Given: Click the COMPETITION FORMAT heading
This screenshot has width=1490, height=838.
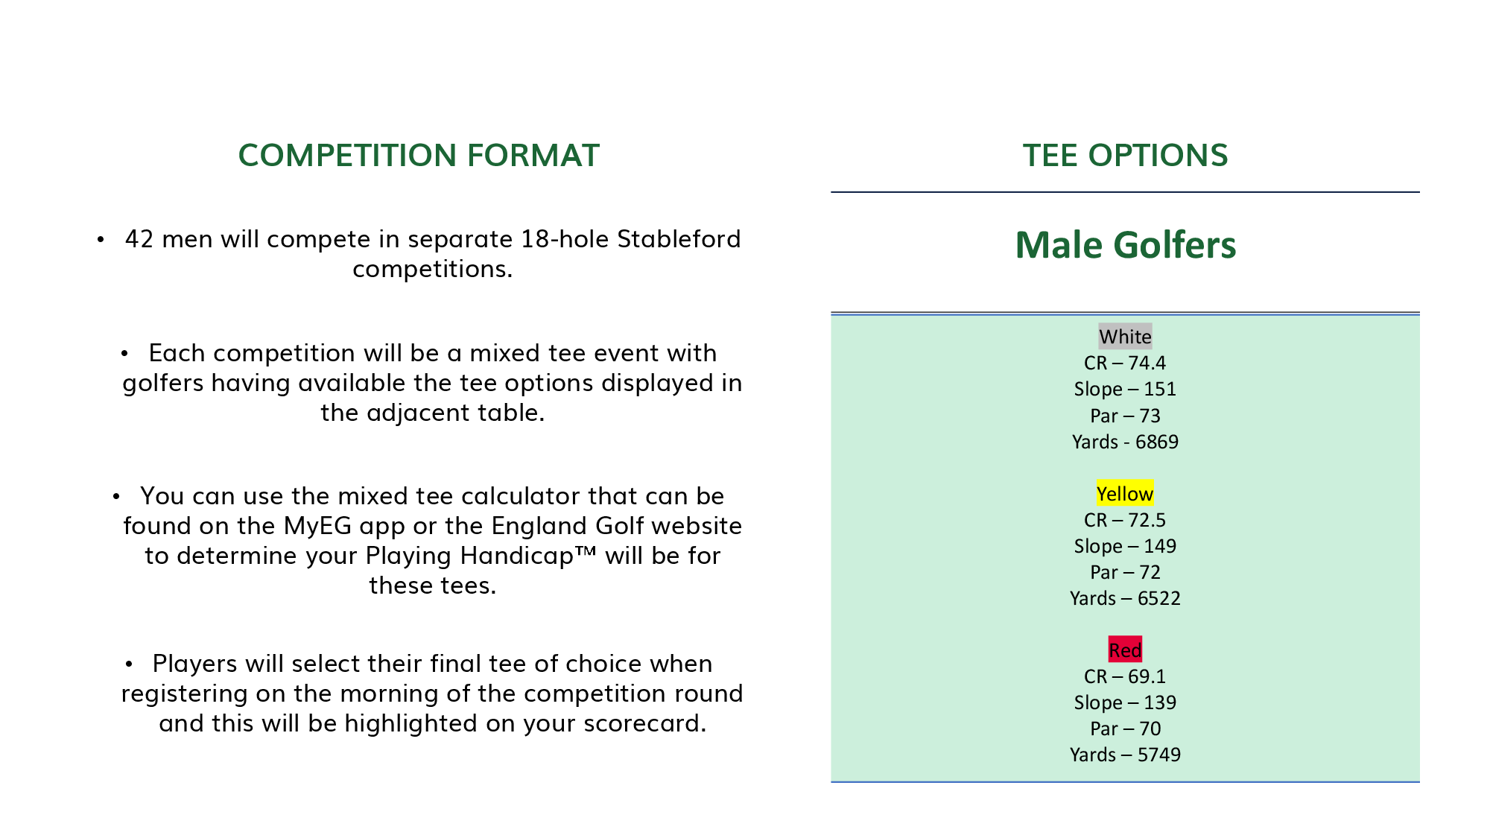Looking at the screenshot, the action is point(419,155).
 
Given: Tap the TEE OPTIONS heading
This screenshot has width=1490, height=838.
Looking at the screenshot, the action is point(1125,155).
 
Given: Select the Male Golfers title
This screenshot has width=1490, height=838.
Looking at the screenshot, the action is point(1125,245).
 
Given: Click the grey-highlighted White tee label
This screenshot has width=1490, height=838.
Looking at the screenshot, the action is point(1125,337).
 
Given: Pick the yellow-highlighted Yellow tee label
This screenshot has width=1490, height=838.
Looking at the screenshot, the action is point(1125,494).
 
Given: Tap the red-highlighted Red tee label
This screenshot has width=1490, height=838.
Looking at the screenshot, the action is point(1125,650).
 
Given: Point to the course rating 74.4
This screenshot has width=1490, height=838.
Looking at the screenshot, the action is point(1147,363).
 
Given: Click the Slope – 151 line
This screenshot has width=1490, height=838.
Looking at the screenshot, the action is point(1125,389).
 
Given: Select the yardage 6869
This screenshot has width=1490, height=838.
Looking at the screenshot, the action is point(1157,442).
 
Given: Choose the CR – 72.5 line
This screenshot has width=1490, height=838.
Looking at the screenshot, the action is point(1125,520).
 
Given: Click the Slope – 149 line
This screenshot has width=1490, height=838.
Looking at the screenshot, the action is point(1125,546).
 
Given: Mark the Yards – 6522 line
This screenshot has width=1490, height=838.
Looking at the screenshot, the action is point(1125,598).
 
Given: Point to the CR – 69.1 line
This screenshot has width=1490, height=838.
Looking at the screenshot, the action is point(1125,676).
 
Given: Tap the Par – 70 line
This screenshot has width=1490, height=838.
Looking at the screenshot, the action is point(1125,729).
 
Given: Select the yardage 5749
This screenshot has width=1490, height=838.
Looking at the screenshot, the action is point(1159,755).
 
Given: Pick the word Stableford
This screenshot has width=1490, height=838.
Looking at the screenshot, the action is point(679,239).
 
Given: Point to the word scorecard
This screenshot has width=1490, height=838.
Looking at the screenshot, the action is point(645,723).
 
